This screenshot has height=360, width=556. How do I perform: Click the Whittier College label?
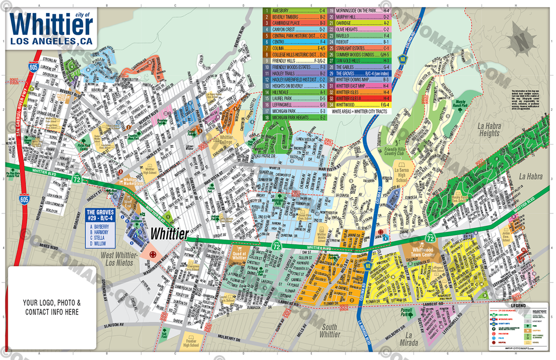[222, 140]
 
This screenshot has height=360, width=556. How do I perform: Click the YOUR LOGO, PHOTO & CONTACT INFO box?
[52, 307]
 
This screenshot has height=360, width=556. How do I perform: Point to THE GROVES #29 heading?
[100, 216]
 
